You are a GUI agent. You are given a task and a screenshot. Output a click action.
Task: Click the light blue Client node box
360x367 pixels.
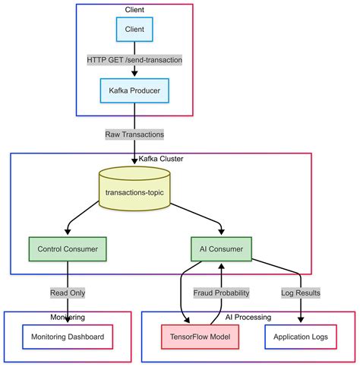(x=134, y=29)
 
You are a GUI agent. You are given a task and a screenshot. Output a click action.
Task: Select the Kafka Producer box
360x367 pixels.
(x=134, y=91)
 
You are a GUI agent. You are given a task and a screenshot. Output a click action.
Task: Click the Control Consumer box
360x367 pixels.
(x=68, y=248)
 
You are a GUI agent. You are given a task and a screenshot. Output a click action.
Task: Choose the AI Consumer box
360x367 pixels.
(x=220, y=248)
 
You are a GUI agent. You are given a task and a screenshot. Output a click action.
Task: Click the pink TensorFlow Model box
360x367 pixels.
(x=201, y=337)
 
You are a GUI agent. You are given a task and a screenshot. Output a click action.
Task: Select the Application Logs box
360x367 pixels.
(x=302, y=337)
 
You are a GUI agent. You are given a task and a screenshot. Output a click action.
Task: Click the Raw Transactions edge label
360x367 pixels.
(x=134, y=134)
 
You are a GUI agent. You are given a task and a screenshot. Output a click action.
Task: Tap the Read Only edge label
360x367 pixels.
(x=68, y=293)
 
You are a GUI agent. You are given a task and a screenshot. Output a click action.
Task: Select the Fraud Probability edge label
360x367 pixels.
(x=220, y=293)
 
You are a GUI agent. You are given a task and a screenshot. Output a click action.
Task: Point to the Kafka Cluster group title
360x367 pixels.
(x=161, y=158)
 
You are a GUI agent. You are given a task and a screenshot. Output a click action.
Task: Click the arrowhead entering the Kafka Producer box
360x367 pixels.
(x=134, y=74)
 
